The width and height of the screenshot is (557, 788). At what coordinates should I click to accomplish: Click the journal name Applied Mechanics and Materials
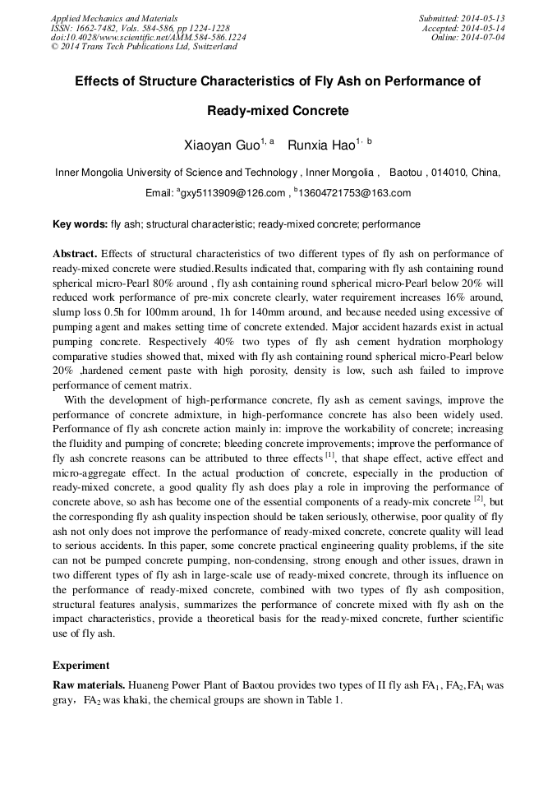coord(113,18)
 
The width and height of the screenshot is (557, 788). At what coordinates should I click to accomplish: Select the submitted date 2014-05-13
coord(485,18)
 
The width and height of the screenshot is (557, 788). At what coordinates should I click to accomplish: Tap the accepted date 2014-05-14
coord(485,28)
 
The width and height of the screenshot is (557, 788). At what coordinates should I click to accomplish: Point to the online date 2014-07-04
coord(485,38)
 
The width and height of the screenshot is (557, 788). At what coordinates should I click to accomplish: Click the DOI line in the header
coord(148,38)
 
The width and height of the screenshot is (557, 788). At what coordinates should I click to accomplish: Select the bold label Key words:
coord(80,224)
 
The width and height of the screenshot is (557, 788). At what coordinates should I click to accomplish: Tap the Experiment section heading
coord(81,665)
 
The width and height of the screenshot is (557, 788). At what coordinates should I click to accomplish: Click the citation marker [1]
coord(329,453)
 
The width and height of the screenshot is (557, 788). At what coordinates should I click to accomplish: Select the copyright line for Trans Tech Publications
coord(144,48)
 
